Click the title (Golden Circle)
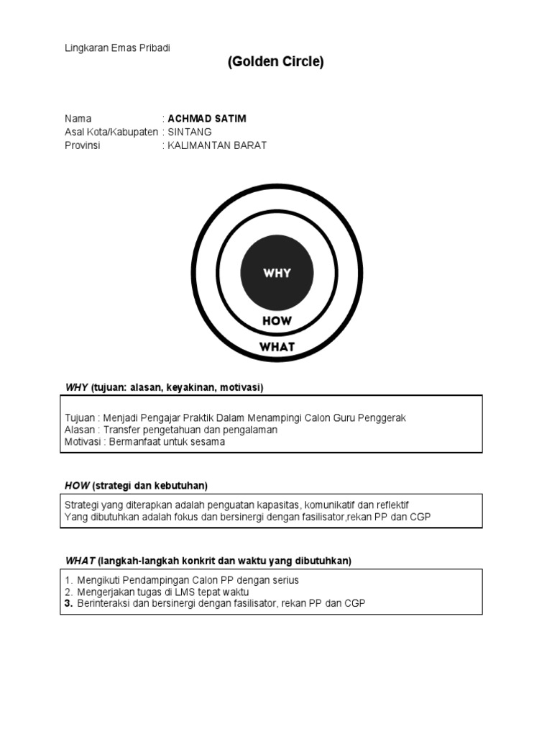pos(276,62)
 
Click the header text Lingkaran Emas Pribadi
pos(117,48)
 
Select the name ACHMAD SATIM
pos(207,119)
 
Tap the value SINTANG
pos(190,132)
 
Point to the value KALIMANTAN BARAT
pos(217,145)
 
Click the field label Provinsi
pos(83,145)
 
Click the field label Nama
pos(78,119)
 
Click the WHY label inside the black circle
pos(277,273)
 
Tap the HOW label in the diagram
pos(277,321)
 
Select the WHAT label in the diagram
pos(277,347)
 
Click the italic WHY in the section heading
pos(76,388)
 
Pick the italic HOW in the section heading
pos(77,486)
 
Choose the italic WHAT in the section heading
pos(80,561)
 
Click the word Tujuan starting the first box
pos(80,418)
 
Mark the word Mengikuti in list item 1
pos(98,580)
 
